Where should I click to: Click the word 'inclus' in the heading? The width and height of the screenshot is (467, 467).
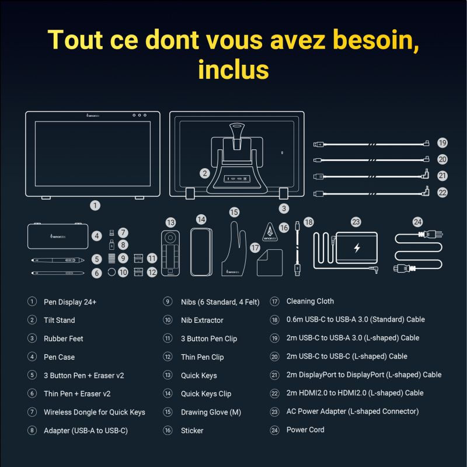[233, 69]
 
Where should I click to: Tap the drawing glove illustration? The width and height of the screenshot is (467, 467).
[234, 249]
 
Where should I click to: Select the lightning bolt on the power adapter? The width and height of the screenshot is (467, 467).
[357, 248]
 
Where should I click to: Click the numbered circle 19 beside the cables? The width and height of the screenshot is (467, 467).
[442, 143]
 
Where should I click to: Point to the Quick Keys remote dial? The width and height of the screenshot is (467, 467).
[170, 238]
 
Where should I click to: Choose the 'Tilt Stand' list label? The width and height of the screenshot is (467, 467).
[60, 320]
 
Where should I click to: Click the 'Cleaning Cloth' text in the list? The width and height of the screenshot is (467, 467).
[310, 301]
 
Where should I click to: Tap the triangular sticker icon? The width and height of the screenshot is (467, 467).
[270, 232]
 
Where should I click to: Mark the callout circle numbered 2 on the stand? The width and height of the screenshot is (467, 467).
[205, 173]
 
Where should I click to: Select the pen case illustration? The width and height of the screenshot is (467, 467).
[58, 236]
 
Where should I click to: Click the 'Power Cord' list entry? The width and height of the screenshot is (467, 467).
[305, 430]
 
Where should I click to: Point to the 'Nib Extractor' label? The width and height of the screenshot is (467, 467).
[202, 320]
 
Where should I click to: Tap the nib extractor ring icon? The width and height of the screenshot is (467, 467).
[111, 271]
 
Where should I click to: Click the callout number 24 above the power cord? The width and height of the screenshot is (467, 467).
[417, 222]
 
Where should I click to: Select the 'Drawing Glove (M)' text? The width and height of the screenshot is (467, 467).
[211, 412]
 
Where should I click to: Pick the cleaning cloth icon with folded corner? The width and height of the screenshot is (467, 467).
[270, 262]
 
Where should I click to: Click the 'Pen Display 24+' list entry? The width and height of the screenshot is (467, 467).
[70, 302]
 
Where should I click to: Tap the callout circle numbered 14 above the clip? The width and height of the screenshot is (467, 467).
[201, 220]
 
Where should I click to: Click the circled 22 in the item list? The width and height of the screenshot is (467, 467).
[274, 393]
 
